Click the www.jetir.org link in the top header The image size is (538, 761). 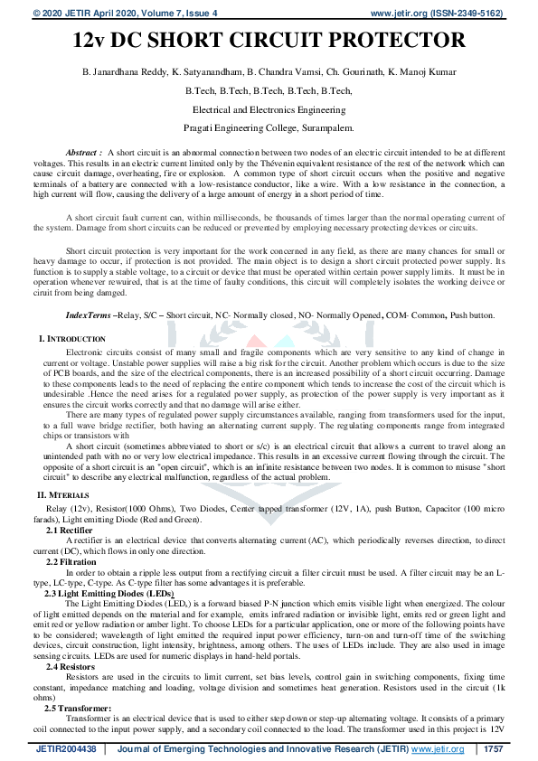(395, 14)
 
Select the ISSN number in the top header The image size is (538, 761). (468, 14)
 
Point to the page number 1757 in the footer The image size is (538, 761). (492, 749)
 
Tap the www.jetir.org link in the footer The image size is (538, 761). (438, 749)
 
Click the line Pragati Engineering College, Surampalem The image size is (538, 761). (269, 128)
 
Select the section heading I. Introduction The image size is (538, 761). (71, 338)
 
